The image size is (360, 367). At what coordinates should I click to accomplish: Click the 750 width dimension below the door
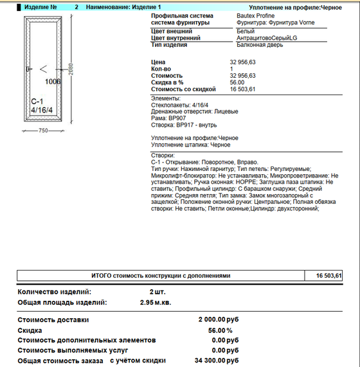43,130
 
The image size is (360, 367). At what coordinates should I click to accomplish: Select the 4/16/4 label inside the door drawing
42,111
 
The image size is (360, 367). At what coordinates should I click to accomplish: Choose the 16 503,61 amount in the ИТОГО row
328,275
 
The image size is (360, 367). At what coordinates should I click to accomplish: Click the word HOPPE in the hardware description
260,182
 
